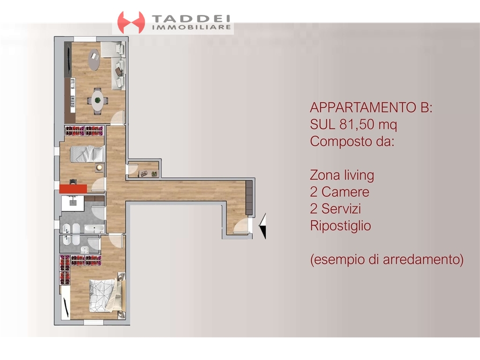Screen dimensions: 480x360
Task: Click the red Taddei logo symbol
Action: click(x=131, y=22)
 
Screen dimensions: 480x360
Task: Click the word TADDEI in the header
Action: click(x=191, y=19)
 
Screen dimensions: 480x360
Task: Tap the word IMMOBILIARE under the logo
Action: click(x=191, y=27)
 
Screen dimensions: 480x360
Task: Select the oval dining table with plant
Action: click(x=97, y=100)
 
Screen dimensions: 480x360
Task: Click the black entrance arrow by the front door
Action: click(x=262, y=226)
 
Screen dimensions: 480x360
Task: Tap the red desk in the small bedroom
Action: click(x=73, y=188)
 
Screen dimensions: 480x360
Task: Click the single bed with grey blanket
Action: click(x=87, y=154)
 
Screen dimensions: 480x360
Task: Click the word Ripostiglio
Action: click(x=340, y=226)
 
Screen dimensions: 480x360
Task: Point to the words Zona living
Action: click(x=342, y=175)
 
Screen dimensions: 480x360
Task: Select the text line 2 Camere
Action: click(x=339, y=192)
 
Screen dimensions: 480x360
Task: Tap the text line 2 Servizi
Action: click(x=335, y=209)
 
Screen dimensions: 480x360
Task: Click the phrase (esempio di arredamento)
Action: click(x=387, y=260)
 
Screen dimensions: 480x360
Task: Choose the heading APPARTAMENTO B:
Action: click(x=371, y=107)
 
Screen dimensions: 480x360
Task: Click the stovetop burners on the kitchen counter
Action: click(x=73, y=101)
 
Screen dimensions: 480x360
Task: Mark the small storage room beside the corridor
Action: click(x=143, y=169)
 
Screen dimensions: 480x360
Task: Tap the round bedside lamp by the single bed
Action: click(x=99, y=167)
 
